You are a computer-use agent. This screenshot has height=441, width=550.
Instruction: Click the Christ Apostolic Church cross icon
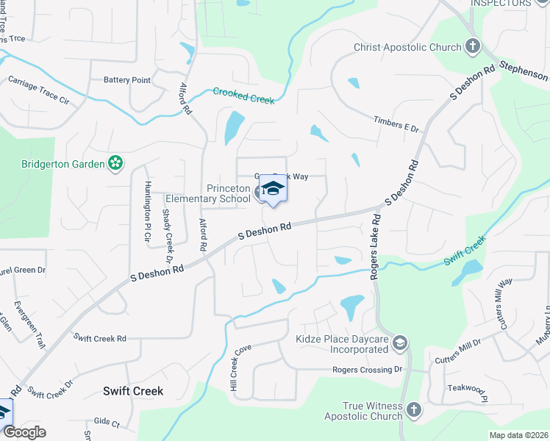tap(472, 47)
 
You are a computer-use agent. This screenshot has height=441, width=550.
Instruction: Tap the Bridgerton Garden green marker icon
tap(115, 162)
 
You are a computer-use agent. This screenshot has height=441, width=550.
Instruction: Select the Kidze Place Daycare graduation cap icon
tap(399, 342)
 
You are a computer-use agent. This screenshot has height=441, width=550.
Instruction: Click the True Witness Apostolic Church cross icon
tap(413, 409)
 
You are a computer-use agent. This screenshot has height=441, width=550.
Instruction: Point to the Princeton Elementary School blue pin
tap(273, 190)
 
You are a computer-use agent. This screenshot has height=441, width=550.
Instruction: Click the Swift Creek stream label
tap(464, 251)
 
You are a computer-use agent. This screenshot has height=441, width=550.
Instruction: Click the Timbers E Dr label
tap(396, 123)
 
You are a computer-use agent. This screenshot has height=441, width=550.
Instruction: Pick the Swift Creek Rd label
tap(100, 337)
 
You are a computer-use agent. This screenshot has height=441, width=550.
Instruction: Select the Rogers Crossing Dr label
tap(368, 370)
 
